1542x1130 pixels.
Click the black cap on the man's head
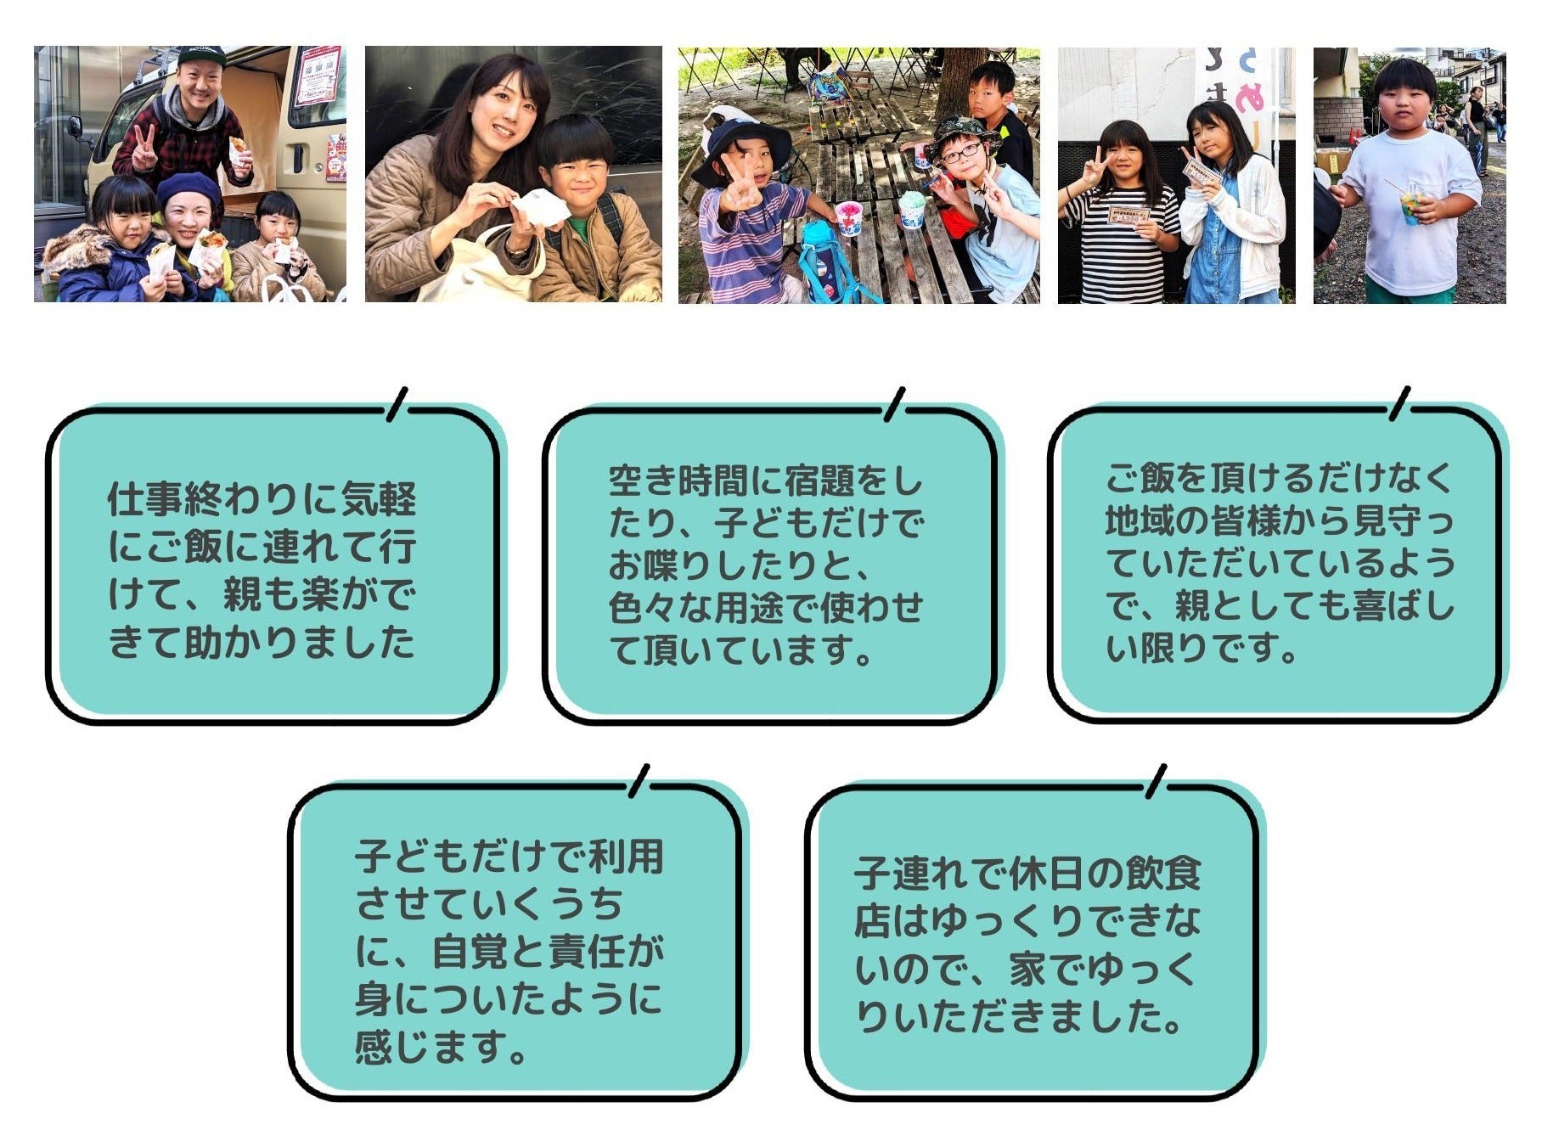[200, 56]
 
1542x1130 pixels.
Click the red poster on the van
[318, 76]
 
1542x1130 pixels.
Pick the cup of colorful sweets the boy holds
[1412, 206]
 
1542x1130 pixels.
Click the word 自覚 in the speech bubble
[469, 951]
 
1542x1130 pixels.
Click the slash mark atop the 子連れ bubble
[1156, 781]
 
